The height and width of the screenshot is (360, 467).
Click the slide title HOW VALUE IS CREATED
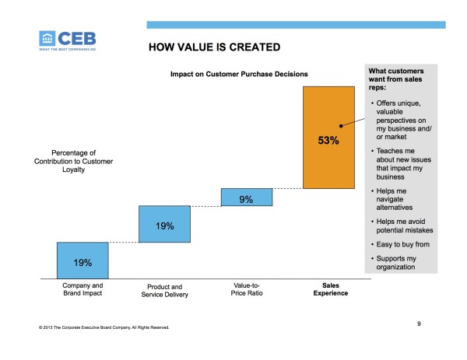(x=213, y=48)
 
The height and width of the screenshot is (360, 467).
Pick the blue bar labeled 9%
(x=246, y=197)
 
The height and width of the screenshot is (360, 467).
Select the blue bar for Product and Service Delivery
(x=163, y=224)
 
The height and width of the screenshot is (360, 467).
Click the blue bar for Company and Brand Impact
(x=83, y=260)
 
